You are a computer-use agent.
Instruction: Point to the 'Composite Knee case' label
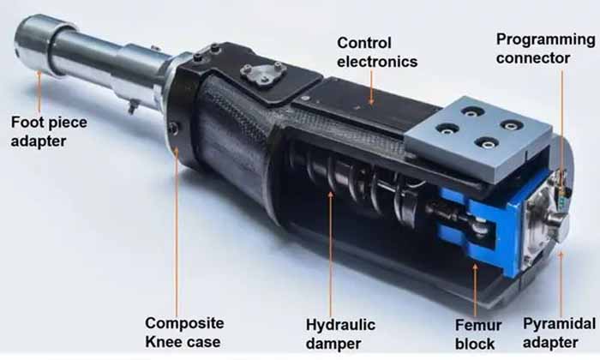point(184,333)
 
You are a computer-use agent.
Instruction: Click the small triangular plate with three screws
point(262,75)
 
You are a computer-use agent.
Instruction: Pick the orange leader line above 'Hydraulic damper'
point(328,257)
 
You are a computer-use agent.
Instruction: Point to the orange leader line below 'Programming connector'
point(562,129)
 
